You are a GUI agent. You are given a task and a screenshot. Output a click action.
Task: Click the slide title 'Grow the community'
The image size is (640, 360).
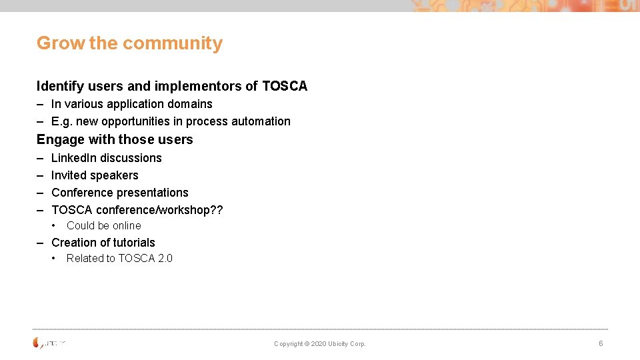pos(129,43)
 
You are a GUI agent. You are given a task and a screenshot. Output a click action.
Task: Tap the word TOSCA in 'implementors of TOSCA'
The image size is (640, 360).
pos(285,86)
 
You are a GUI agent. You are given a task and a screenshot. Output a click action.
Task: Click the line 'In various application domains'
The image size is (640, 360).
pos(131,104)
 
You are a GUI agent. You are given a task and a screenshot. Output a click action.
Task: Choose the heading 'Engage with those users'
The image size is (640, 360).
pos(115,139)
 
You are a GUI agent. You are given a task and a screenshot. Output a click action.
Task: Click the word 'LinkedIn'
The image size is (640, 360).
pos(74,158)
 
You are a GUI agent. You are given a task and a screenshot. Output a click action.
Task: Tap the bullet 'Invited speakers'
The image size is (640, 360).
pos(95,175)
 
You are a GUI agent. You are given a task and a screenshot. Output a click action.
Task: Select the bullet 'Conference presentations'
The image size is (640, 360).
pos(120,193)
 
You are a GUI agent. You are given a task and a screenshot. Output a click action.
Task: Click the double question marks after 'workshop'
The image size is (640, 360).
pos(217,210)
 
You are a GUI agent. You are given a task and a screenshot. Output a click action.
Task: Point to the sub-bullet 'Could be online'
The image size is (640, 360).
pos(103,225)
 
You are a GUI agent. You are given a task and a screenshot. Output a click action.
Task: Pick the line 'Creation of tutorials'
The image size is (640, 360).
pos(103,243)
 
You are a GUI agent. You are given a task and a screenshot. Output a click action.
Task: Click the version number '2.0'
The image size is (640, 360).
pos(165,258)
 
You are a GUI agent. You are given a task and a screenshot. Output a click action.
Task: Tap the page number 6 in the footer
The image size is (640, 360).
pos(601,343)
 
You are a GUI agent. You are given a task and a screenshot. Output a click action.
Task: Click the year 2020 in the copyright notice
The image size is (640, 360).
pos(319,344)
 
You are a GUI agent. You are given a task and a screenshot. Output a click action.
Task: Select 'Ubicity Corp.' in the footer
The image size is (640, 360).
pos(347,344)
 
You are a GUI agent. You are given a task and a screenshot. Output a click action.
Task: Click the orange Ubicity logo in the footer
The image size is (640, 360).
pos(37,343)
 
